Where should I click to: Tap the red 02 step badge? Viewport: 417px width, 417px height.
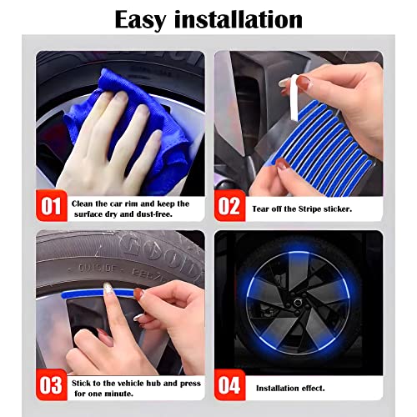(231, 206)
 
